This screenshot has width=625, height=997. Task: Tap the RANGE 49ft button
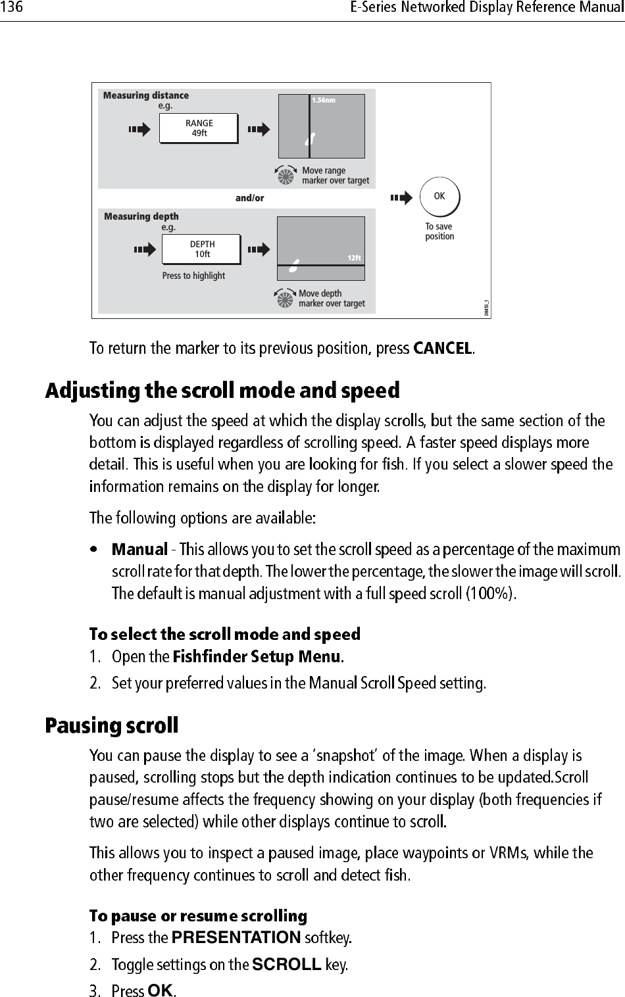tap(199, 128)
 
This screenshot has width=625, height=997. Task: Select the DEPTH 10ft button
tap(202, 249)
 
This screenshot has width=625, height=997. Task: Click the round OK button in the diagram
tap(439, 197)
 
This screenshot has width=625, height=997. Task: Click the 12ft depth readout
tap(354, 258)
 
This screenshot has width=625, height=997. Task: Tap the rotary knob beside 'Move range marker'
tap(286, 176)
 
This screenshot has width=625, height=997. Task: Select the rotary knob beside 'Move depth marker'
tap(285, 299)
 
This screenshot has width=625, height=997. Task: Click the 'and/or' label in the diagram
tap(250, 198)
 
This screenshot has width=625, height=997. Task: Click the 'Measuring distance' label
tap(146, 96)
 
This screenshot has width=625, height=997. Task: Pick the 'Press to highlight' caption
tap(193, 276)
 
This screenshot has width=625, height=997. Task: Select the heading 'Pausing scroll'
tap(111, 726)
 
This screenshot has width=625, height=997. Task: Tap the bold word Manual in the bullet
tap(139, 548)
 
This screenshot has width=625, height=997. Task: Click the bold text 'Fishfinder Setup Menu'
tap(257, 656)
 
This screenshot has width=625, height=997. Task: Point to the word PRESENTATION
tap(236, 936)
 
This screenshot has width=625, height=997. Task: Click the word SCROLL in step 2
tap(287, 965)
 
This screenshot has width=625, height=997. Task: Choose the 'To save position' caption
tap(439, 231)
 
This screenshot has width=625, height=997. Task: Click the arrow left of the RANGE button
tap(139, 130)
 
